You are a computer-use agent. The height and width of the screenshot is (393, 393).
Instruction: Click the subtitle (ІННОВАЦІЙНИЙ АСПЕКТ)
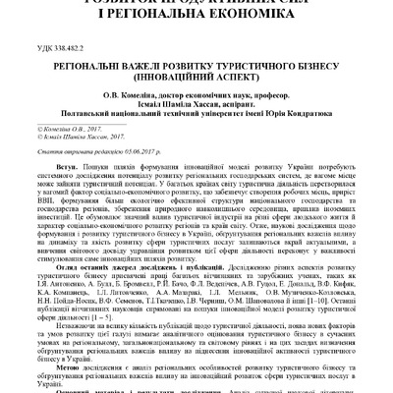197,80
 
